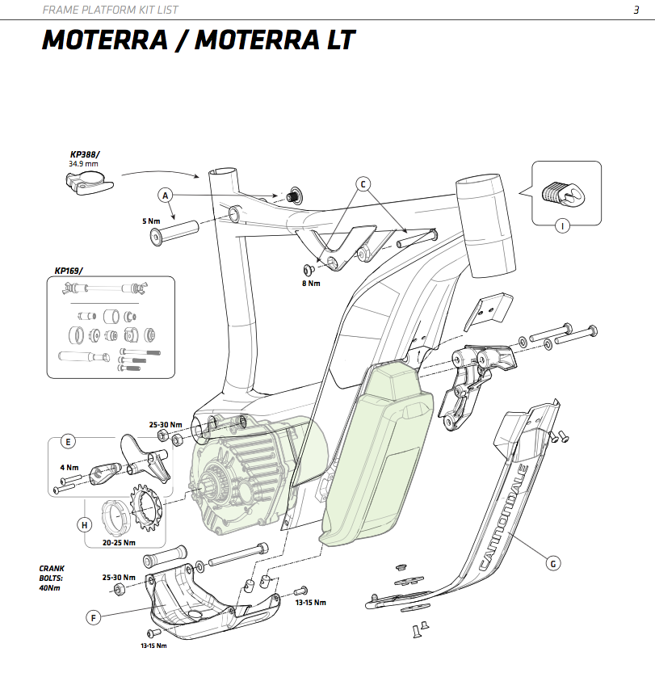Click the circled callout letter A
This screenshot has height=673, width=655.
click(166, 196)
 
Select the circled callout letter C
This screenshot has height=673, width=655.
click(363, 184)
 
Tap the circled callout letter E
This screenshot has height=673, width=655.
click(69, 442)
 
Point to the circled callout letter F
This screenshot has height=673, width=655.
click(94, 618)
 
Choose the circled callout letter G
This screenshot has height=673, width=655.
click(553, 562)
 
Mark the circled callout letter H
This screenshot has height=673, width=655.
click(84, 524)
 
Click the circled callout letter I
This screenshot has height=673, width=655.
click(562, 225)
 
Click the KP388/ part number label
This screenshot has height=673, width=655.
click(85, 154)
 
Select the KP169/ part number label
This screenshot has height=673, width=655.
click(69, 271)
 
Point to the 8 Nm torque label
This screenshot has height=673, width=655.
click(312, 284)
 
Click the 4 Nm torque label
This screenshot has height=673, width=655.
click(69, 467)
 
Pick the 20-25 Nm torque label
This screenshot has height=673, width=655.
click(119, 543)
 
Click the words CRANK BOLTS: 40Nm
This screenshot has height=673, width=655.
click(52, 577)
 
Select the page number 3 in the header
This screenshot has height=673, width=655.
click(636, 10)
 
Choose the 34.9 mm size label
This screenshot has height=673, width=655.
click(84, 163)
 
